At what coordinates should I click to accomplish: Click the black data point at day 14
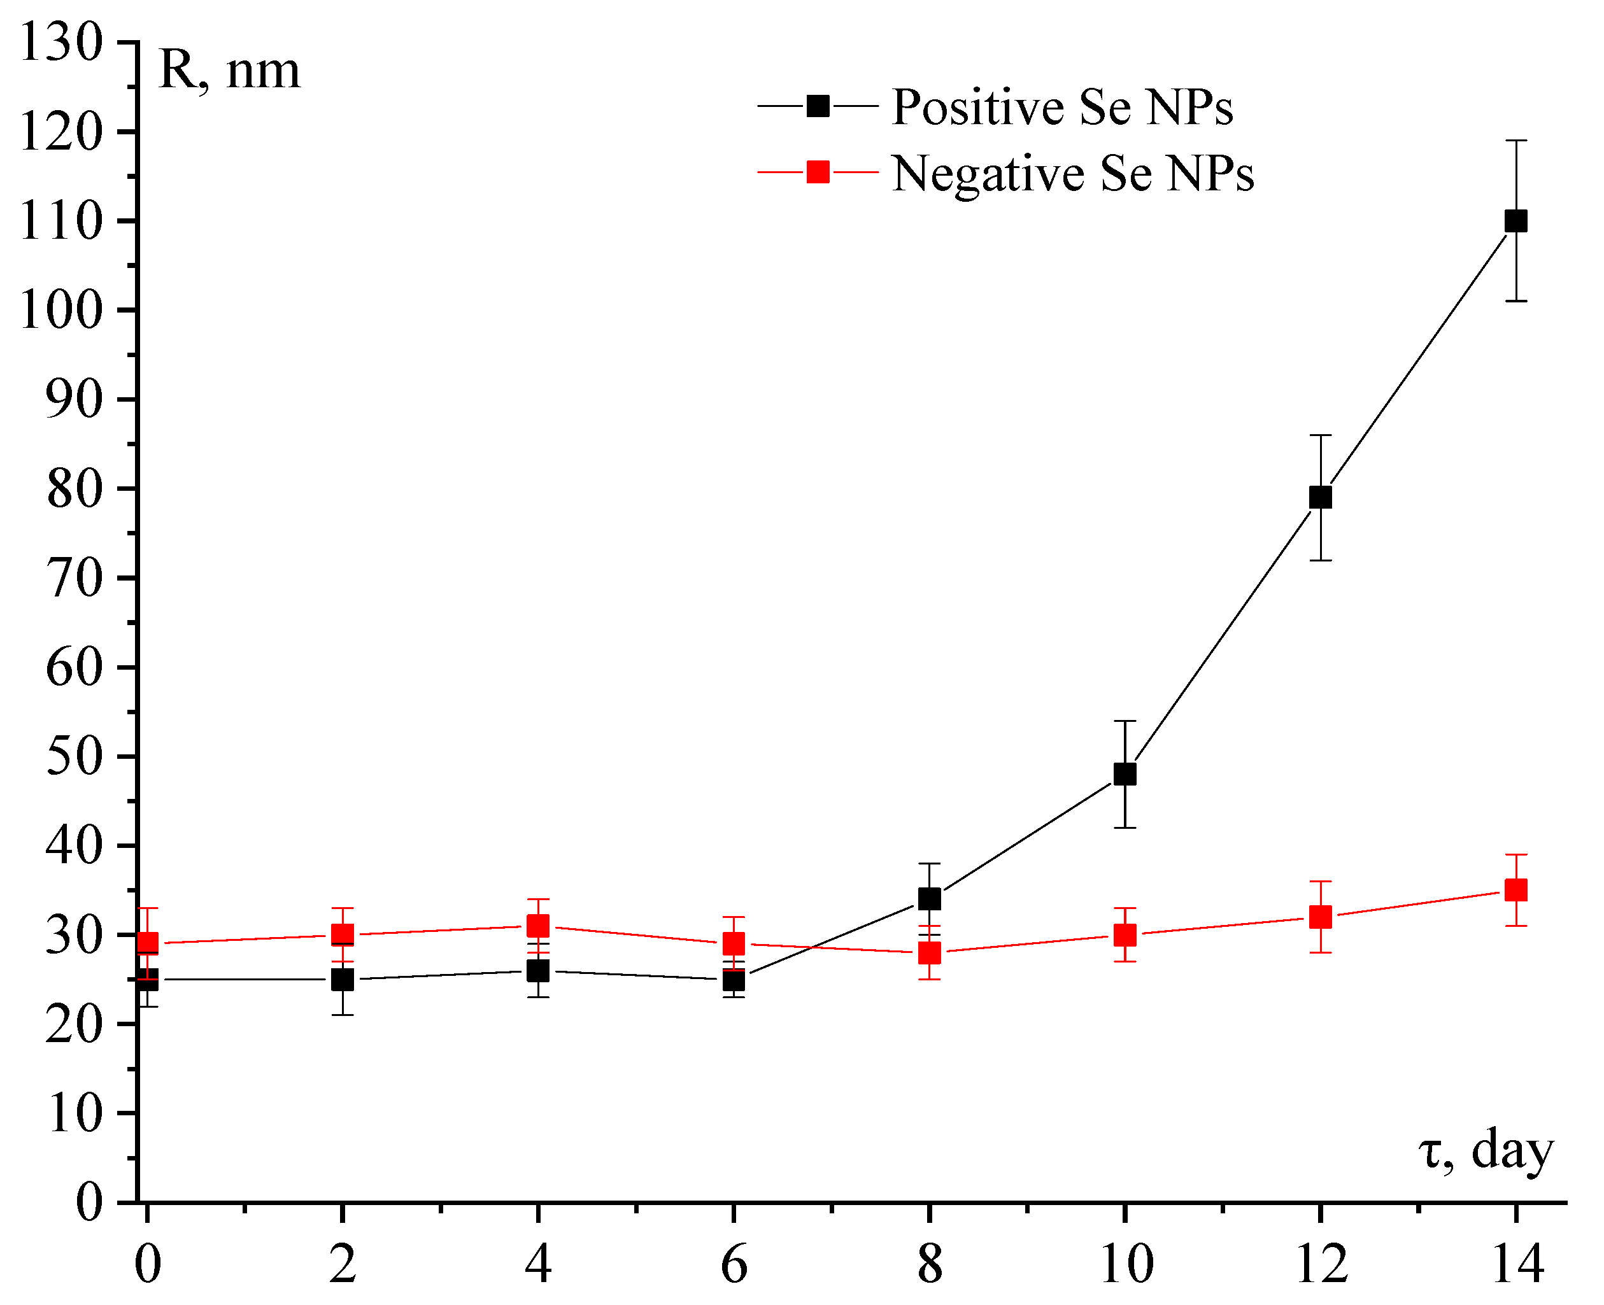[x=1515, y=221]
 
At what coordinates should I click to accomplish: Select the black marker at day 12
[x=1321, y=497]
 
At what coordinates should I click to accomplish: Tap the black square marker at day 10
[x=1125, y=774]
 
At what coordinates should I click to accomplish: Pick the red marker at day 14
[x=1515, y=890]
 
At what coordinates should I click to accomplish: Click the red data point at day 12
[x=1321, y=917]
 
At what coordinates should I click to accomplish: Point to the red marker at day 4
[x=537, y=926]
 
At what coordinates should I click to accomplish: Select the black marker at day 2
[x=342, y=980]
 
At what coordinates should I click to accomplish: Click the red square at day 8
[x=930, y=953]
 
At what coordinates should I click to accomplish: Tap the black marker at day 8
[x=930, y=899]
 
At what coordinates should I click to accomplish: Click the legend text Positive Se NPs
[x=1062, y=107]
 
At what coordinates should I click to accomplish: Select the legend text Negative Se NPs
[x=1072, y=174]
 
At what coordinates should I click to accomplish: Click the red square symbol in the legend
[x=818, y=172]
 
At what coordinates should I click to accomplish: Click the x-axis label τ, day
[x=1485, y=1151]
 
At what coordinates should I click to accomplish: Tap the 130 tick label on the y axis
[x=60, y=42]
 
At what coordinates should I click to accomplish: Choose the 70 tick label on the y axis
[x=74, y=578]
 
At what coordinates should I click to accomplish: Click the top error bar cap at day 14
[x=1515, y=141]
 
